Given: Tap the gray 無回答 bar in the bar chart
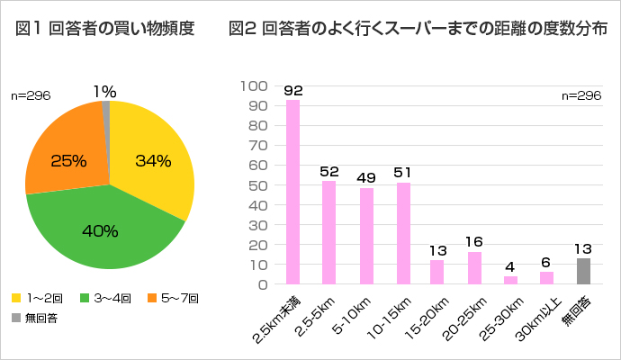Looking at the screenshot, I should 584,271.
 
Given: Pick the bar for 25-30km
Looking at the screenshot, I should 511,280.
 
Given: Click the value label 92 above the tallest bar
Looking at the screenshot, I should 292,91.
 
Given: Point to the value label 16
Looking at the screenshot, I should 474,241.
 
